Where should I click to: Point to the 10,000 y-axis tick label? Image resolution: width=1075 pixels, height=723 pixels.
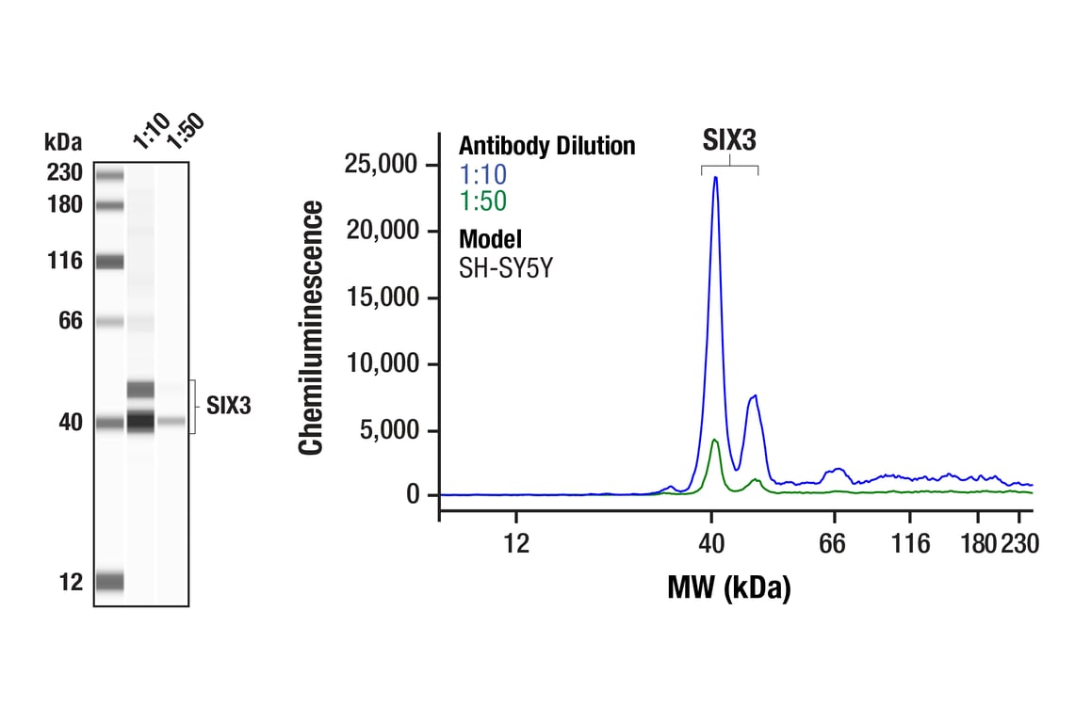[x=388, y=364]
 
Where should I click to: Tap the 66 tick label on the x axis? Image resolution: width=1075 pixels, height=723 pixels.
[x=833, y=543]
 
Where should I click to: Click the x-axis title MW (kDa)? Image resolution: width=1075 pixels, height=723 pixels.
[x=728, y=587]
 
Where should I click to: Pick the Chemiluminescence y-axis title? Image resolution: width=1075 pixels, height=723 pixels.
[x=312, y=328]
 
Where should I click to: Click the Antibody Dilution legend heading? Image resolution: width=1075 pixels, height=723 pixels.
[x=546, y=147]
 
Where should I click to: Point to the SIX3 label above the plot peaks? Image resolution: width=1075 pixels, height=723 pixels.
[x=730, y=141]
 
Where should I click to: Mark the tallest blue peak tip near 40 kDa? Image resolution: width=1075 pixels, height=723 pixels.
[x=716, y=177]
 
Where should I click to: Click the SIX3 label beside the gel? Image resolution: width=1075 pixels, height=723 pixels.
[x=229, y=407]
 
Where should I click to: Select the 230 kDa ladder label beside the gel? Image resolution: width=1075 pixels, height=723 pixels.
[x=64, y=173]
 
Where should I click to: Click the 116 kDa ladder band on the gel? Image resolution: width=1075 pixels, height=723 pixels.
[x=109, y=262]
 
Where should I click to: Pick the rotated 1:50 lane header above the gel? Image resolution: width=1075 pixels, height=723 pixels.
[x=185, y=130]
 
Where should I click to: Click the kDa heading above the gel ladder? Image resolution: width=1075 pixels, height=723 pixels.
[x=63, y=143]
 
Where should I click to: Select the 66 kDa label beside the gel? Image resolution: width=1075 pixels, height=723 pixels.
[x=72, y=321]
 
